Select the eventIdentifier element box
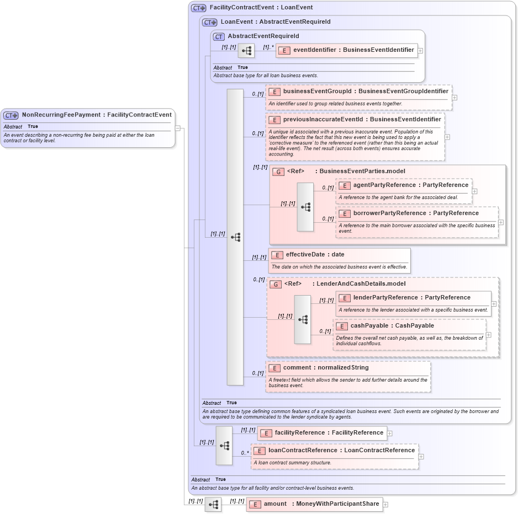(346, 50)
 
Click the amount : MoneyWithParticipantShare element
(314, 504)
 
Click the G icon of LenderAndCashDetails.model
(274, 284)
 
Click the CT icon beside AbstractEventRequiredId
(219, 36)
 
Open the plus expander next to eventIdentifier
(421, 50)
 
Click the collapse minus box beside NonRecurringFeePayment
(178, 128)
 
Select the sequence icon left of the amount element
(213, 505)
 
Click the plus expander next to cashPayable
(489, 335)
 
